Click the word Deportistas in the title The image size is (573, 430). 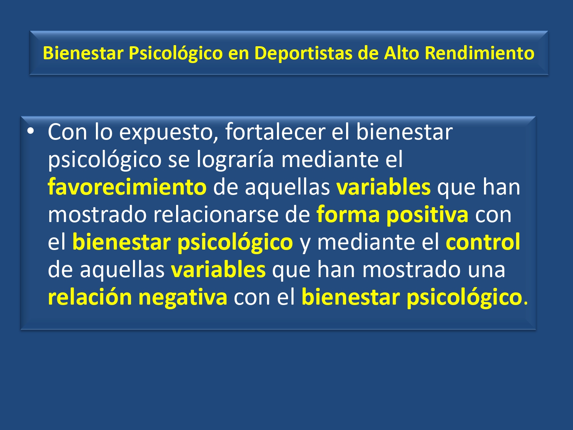tap(303, 53)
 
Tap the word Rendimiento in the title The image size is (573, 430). tap(479, 53)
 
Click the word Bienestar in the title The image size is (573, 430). tap(83, 53)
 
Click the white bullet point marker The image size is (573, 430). tap(31, 131)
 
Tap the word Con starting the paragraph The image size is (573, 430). tap(67, 132)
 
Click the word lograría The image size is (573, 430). tap(235, 160)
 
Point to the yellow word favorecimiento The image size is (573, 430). tap(127, 187)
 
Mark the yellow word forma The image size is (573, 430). tap(348, 214)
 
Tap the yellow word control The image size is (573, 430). tap(483, 242)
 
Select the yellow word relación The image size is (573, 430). tap(90, 297)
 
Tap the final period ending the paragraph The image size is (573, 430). tap(526, 303)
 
